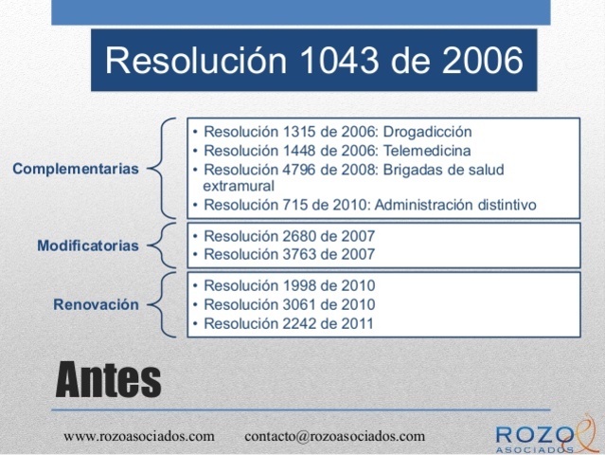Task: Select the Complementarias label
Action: click(76, 169)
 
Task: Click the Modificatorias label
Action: click(88, 246)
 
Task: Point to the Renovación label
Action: click(96, 305)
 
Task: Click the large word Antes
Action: click(108, 380)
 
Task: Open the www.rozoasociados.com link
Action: click(139, 436)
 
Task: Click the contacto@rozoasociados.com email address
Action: click(335, 436)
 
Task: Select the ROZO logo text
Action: click(535, 433)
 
